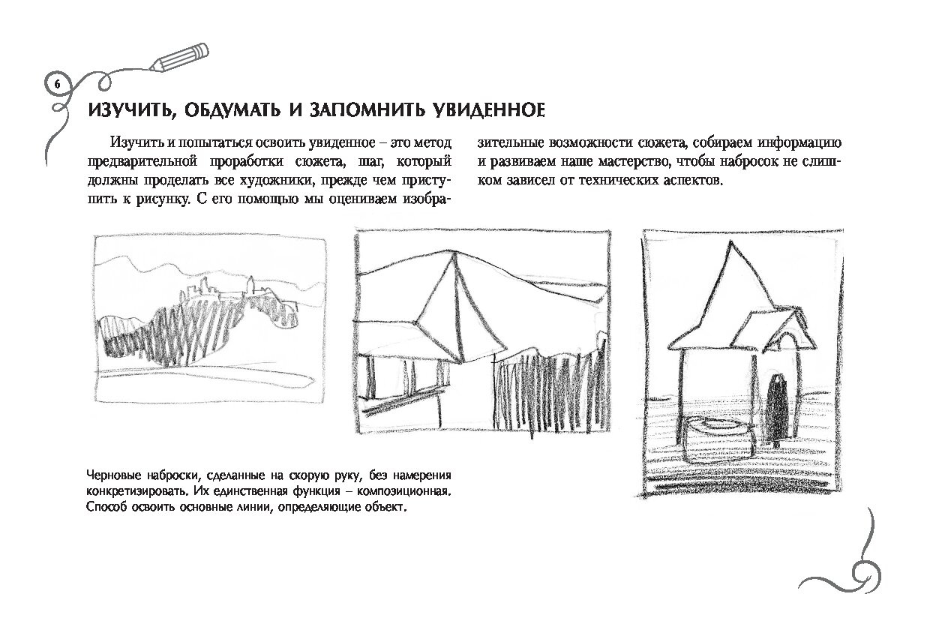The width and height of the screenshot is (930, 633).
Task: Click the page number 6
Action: (57, 85)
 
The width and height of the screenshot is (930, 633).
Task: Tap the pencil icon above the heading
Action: (179, 57)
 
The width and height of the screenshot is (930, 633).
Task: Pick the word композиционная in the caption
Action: (403, 491)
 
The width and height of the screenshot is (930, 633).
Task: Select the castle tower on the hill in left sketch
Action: (250, 286)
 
